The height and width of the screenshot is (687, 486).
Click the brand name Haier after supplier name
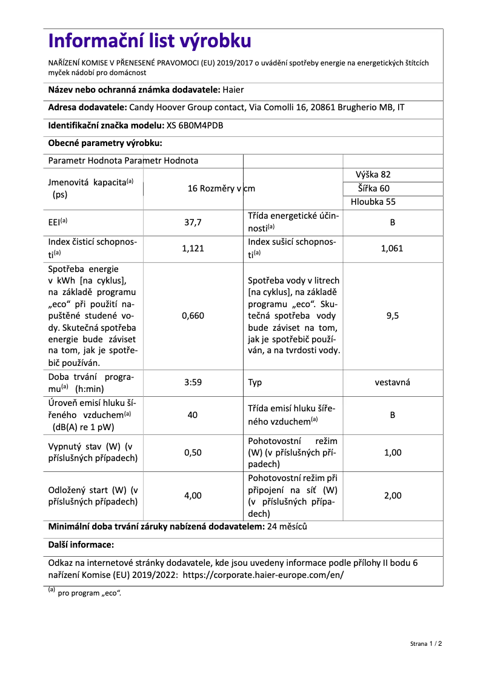tap(233, 90)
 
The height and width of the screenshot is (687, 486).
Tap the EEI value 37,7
tap(193, 222)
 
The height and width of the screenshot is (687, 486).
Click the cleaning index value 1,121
tap(193, 248)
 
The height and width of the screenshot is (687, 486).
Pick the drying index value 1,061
tap(392, 248)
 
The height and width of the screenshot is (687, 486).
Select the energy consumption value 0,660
tap(193, 316)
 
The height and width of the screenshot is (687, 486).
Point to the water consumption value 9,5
tap(392, 316)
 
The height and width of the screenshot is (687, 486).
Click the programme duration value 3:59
tap(193, 382)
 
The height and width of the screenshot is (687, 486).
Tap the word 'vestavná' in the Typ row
tap(392, 382)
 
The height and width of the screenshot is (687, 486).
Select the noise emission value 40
tap(193, 415)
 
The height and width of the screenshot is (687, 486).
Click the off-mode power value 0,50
tap(193, 453)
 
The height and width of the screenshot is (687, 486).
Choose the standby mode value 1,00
tap(392, 453)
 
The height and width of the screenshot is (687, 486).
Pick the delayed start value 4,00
tap(193, 496)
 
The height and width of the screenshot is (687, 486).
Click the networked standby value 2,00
tap(392, 496)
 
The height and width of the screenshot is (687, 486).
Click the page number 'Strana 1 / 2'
tap(422, 643)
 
